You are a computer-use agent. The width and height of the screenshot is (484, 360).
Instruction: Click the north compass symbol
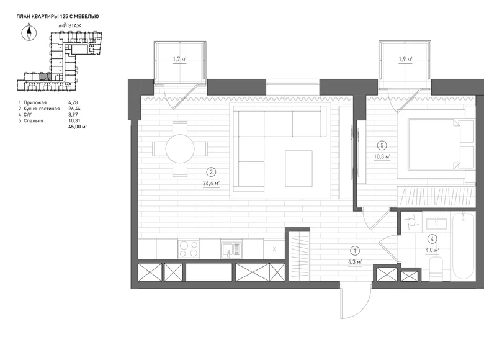coord(29,33)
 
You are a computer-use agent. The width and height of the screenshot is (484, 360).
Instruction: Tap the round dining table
coord(180,148)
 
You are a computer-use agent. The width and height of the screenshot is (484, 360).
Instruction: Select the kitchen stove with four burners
coord(188,249)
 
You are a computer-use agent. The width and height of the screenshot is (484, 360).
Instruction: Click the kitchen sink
coord(231,250)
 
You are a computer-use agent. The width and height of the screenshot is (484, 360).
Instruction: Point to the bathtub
coord(463,245)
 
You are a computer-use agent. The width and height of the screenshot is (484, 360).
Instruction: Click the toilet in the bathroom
coord(436,269)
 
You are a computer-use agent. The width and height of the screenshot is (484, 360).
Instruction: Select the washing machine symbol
coord(411,222)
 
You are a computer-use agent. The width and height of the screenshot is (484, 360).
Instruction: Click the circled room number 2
coord(211,172)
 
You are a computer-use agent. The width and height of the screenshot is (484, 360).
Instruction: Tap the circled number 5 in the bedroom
coord(382,145)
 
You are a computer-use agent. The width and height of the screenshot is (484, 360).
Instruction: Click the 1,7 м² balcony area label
coord(180,59)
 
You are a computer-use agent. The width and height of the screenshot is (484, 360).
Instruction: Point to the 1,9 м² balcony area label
coord(405,59)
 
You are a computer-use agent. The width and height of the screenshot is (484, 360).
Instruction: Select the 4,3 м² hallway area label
coord(355,262)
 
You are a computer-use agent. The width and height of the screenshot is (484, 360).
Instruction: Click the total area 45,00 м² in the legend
coord(78,127)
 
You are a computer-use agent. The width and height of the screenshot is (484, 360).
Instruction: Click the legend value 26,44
coord(74,109)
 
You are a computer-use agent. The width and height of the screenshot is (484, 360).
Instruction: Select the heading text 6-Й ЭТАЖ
coord(70,26)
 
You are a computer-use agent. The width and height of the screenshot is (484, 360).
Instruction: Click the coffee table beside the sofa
coord(298,168)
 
